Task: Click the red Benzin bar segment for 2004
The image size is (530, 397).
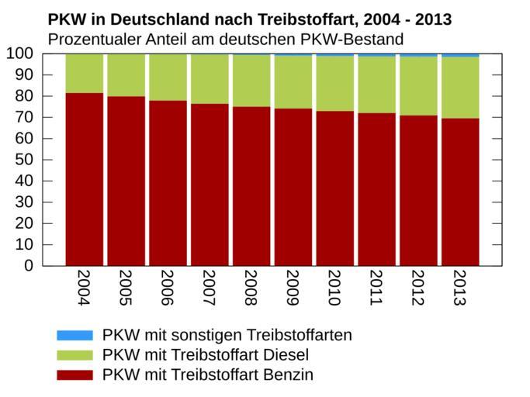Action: coord(85,179)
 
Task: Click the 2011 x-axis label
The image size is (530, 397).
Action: coord(376,288)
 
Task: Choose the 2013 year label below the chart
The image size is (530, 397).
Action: coord(460,288)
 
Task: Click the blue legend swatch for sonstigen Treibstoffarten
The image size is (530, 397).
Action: coord(74,335)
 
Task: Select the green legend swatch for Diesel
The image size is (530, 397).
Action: coord(74,355)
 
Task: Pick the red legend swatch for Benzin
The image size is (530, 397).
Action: coord(74,375)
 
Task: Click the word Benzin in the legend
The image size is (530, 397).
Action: coord(288,375)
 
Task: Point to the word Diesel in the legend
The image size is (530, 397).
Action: coord(286,355)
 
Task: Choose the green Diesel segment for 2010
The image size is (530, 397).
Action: coord(335,84)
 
